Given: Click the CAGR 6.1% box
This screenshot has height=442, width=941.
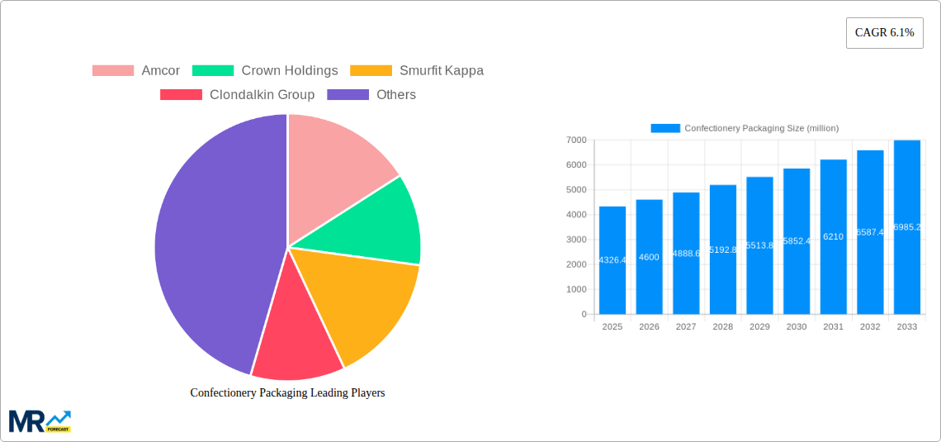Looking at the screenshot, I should tap(884, 33).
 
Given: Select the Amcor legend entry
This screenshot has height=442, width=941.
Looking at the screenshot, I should tap(136, 71).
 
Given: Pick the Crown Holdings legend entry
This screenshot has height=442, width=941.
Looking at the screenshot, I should tap(265, 71).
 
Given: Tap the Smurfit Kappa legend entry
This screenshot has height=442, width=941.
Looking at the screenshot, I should tap(417, 71).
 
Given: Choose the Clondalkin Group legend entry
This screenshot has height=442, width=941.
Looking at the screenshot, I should tap(238, 95).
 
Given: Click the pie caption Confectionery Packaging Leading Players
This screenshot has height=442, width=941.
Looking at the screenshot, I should tap(287, 393).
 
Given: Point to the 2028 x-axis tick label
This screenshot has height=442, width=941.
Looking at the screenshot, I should tap(722, 327).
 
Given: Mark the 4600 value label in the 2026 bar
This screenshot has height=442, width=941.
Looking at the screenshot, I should tap(649, 258).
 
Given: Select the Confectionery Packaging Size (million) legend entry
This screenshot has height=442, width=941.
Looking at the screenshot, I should tap(745, 128).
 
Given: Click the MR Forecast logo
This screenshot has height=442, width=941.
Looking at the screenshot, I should tap(40, 421).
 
